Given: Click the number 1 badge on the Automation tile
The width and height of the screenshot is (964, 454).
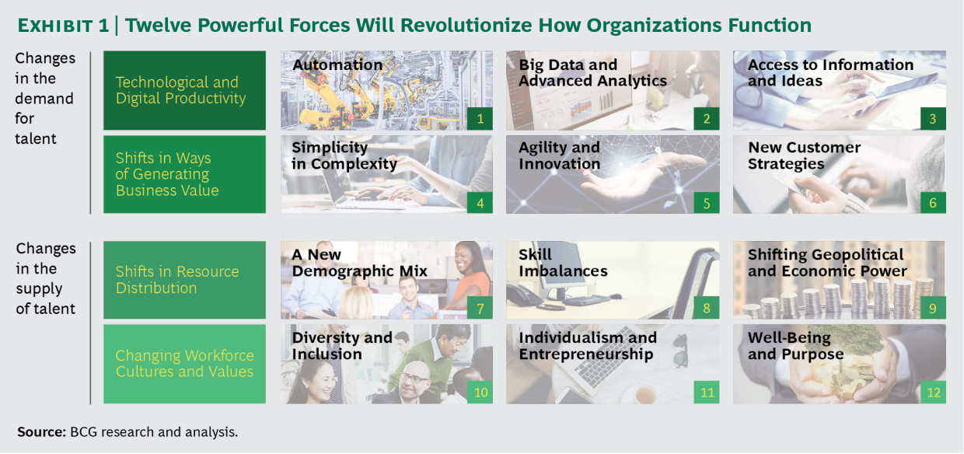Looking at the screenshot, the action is pyautogui.click(x=480, y=118).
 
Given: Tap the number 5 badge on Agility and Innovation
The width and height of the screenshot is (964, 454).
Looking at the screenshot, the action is pyautogui.click(x=706, y=203).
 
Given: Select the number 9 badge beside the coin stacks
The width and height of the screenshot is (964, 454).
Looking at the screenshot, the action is pyautogui.click(x=933, y=308).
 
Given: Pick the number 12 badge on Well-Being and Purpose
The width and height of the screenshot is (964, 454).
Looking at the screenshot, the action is pyautogui.click(x=933, y=392).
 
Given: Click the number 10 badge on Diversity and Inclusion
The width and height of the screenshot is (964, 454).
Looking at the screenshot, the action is pyautogui.click(x=480, y=392).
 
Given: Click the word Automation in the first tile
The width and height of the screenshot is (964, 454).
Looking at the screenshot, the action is pyautogui.click(x=337, y=65).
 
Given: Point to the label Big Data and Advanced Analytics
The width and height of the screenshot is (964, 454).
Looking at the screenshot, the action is pyautogui.click(x=592, y=73).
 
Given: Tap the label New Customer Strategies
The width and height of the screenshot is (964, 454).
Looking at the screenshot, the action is pyautogui.click(x=804, y=155).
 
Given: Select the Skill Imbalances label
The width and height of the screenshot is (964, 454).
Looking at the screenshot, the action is pyautogui.click(x=563, y=263).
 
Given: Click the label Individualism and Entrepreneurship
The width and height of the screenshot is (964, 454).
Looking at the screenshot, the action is pyautogui.click(x=588, y=346).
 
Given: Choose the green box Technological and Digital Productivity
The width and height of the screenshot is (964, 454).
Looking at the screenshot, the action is pyautogui.click(x=184, y=90).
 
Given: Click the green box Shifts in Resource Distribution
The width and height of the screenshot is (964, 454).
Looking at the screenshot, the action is pyautogui.click(x=184, y=280).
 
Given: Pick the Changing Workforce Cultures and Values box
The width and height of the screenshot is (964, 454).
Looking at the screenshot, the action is pyautogui.click(x=184, y=364).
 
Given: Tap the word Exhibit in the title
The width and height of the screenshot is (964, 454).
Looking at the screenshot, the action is pyautogui.click(x=55, y=26).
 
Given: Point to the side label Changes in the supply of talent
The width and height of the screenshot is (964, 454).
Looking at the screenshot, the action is pyautogui.click(x=46, y=278).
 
